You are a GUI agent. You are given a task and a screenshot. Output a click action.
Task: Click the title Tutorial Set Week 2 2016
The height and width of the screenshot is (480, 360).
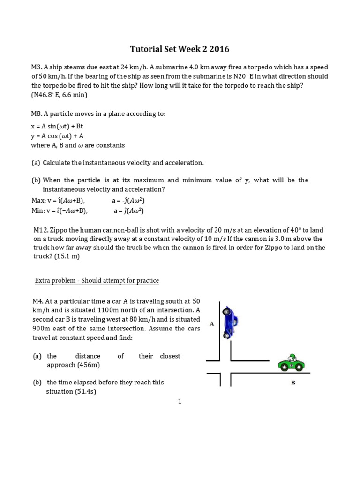click(180, 49)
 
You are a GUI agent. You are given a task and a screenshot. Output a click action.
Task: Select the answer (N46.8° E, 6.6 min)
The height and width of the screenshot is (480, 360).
click(60, 95)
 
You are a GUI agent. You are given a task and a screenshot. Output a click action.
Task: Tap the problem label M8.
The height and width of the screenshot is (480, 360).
click(37, 114)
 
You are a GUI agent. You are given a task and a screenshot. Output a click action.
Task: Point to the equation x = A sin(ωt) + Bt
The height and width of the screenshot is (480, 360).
click(57, 127)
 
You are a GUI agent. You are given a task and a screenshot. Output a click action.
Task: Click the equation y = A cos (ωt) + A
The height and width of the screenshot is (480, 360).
click(57, 136)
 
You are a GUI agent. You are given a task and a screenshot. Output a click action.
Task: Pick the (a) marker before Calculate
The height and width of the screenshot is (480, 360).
click(36, 163)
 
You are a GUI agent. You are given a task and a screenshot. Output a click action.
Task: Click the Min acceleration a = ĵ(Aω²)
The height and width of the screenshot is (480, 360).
click(128, 211)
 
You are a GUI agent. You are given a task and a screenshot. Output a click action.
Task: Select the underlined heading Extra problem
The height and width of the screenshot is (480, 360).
click(97, 280)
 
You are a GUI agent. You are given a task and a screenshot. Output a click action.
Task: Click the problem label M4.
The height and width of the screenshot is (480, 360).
click(37, 301)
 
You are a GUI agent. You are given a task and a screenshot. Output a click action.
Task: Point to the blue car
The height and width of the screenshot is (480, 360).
click(230, 322)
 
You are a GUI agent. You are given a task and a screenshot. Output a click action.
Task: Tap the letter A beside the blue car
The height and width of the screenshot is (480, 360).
click(212, 323)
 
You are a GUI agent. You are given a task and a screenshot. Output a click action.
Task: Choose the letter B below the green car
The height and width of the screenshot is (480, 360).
click(293, 382)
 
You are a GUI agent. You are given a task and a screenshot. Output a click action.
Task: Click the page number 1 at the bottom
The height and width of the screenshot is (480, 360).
click(180, 401)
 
